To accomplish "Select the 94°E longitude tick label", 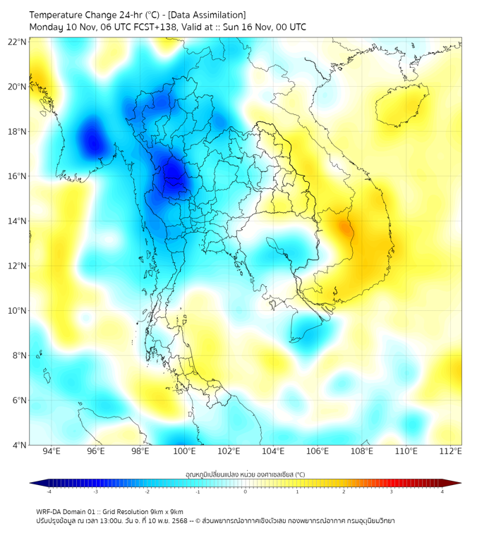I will tap(52, 451).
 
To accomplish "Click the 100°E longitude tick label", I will tap(184, 451).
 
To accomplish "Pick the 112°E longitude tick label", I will tap(450, 451).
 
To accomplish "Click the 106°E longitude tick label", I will tap(318, 451).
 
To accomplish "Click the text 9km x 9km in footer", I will tap(162, 511).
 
